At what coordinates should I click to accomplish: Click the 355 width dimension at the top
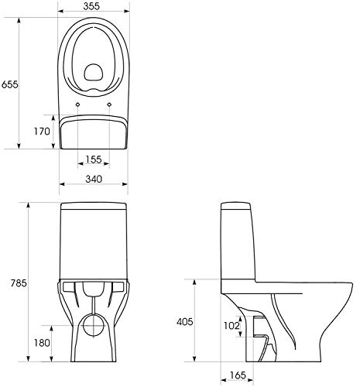(91, 6)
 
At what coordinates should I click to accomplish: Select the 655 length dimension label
(10, 84)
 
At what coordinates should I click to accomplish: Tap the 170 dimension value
(42, 132)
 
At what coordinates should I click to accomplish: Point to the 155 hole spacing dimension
(94, 159)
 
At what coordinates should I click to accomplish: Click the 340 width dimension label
(94, 179)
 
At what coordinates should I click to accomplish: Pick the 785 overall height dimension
(19, 283)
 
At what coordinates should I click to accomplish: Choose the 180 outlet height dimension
(42, 343)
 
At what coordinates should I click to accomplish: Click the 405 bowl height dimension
(185, 322)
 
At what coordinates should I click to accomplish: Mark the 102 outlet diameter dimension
(231, 326)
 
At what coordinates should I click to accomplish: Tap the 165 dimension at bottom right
(238, 375)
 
